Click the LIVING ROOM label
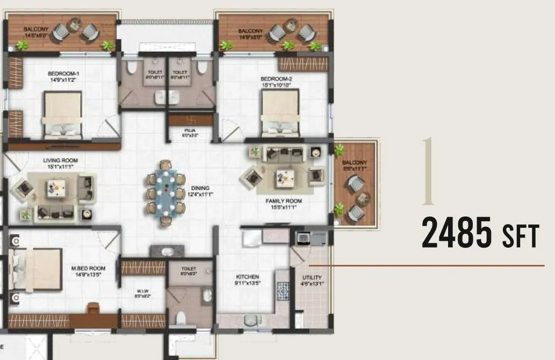tap(61, 160)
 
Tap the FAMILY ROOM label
tap(283, 201)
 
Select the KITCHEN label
tap(248, 277)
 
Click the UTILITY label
tap(312, 277)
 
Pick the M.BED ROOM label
tap(89, 268)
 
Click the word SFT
tap(520, 236)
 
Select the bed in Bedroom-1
tap(62, 114)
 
